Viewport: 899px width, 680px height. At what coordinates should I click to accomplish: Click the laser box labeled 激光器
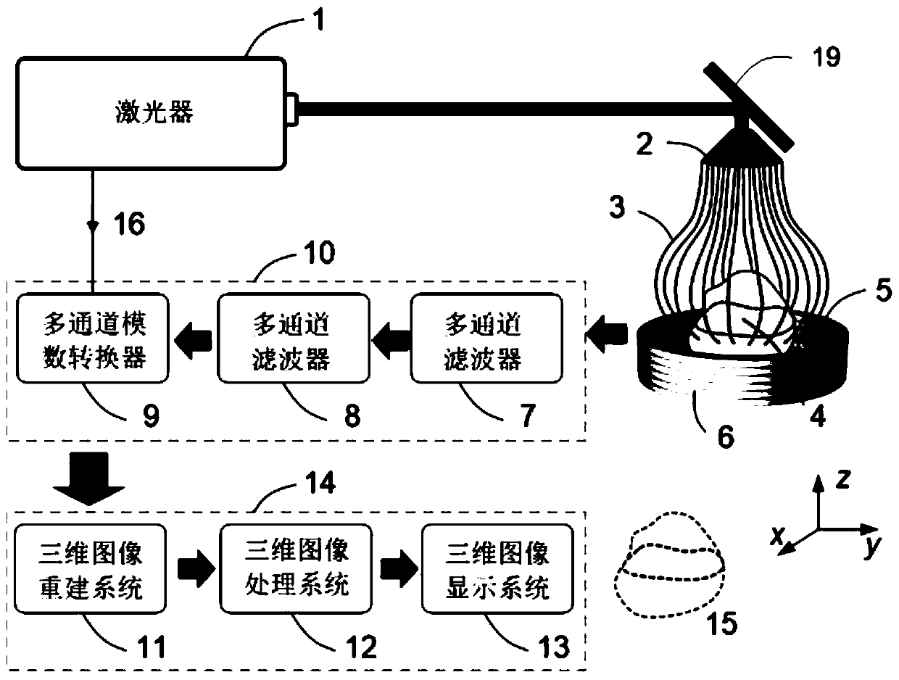151,113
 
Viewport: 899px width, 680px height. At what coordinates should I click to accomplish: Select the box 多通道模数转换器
93,338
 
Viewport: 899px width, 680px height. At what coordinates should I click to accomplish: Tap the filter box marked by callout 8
293,338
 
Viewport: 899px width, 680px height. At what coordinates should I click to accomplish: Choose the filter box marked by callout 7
486,338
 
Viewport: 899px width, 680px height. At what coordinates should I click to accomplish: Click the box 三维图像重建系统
90,569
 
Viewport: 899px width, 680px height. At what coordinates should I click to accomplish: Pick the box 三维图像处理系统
296,569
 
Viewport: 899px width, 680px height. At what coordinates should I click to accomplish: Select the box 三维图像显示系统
497,569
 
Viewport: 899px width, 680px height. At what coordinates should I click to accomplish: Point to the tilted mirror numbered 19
749,107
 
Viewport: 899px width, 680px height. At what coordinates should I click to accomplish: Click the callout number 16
129,223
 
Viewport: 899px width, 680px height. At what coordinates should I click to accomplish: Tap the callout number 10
320,252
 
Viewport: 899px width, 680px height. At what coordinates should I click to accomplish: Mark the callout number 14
320,483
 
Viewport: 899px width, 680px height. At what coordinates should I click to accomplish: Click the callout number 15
721,623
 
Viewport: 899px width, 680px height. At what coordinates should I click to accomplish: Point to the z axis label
843,478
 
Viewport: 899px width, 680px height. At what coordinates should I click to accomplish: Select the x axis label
777,536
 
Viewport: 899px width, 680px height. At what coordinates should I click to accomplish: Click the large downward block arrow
89,479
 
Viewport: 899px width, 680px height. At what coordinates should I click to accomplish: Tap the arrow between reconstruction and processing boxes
196,569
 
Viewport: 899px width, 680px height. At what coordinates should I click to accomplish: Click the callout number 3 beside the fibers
617,207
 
